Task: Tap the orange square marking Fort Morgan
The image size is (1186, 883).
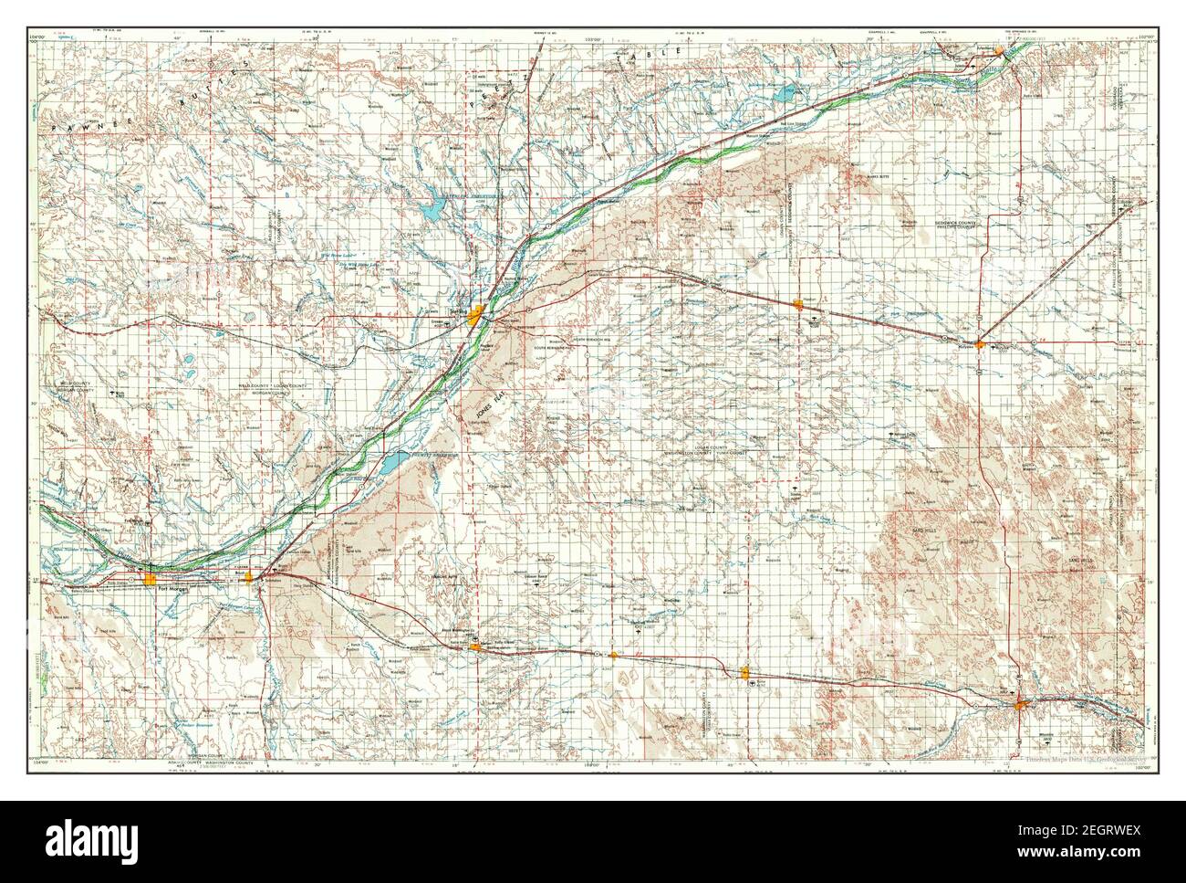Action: point(151,580)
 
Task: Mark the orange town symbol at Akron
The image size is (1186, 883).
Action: point(475,646)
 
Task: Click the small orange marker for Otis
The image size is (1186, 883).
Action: point(614,655)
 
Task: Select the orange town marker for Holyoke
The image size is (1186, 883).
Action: point(979,345)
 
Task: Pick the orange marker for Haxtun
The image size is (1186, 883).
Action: point(799,305)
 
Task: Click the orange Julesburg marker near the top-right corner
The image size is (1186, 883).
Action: point(1000,50)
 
